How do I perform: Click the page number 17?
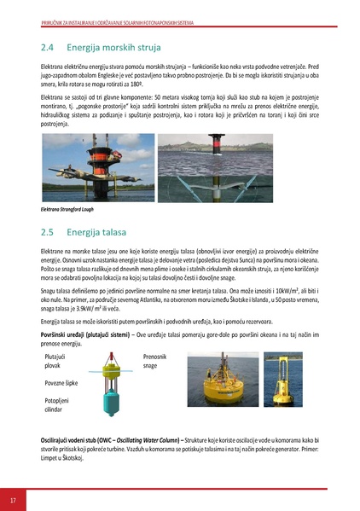(x=13, y=498)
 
